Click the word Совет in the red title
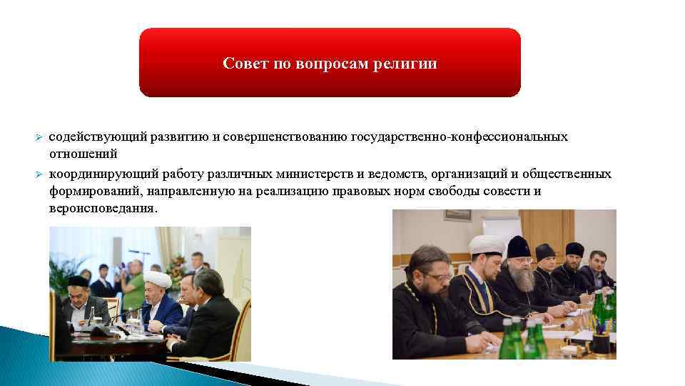[243, 64]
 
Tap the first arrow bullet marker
[40, 137]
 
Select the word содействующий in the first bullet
[91, 137]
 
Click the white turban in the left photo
[157, 277]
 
